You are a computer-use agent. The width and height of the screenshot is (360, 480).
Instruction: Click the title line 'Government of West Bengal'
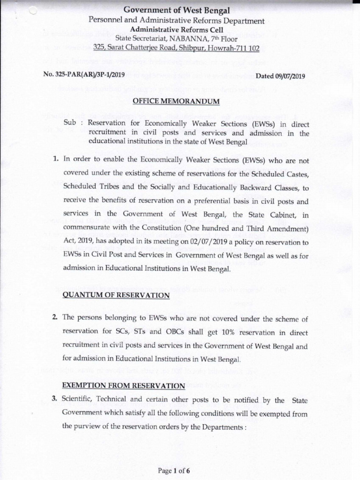[177, 10]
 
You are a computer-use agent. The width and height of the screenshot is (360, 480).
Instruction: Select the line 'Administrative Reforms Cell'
[177, 30]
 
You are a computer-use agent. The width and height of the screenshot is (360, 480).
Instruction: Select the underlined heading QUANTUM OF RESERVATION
[115, 295]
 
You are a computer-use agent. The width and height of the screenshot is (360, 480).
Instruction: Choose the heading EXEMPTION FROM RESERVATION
[123, 386]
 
